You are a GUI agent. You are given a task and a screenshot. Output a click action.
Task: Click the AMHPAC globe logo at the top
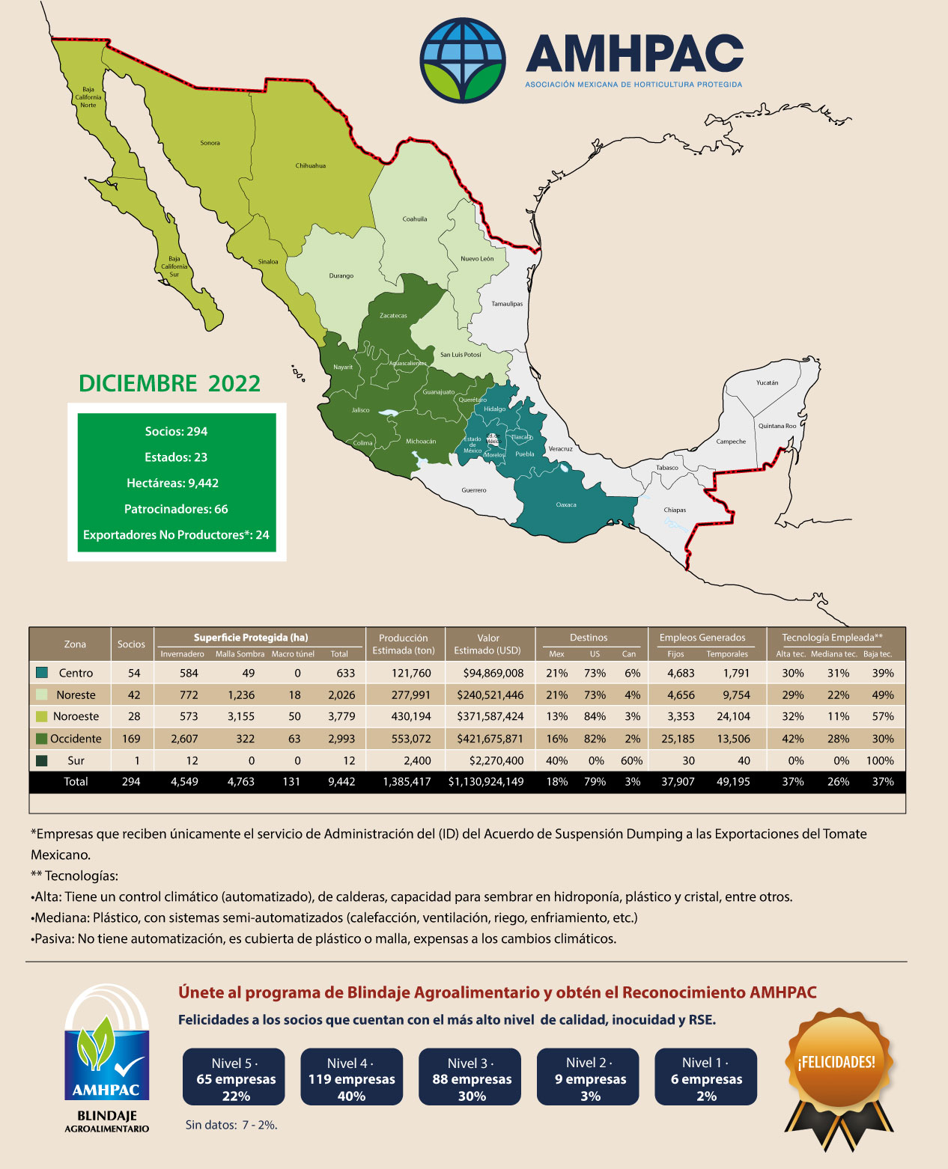[463, 60]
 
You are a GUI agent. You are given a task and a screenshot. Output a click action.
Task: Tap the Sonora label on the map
[210, 143]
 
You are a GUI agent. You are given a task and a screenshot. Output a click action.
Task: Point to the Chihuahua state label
[310, 165]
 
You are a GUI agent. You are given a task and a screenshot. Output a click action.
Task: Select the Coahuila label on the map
[414, 219]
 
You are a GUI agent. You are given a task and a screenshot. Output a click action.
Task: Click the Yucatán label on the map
[767, 382]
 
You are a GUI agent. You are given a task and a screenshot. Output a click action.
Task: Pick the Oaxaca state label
[566, 504]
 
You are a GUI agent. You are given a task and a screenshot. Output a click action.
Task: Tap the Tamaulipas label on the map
[507, 304]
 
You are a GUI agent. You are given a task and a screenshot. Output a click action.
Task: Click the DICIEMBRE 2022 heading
[170, 383]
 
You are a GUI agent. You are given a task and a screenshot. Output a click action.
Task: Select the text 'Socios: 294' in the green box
[176, 431]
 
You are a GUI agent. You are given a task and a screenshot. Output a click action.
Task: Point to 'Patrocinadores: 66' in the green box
[176, 509]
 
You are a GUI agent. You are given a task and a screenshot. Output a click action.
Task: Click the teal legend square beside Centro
[42, 673]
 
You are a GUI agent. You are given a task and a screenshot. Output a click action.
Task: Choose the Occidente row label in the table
[76, 739]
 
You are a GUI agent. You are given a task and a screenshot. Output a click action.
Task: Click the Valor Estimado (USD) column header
[487, 644]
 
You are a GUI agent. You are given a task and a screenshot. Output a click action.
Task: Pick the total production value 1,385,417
[407, 781]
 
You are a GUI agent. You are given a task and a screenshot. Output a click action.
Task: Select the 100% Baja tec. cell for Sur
[880, 760]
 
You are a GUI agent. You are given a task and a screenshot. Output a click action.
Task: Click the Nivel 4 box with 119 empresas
[351, 1079]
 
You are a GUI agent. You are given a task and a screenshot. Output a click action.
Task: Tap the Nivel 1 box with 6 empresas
[706, 1079]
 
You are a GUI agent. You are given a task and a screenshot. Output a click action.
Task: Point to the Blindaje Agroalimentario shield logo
[106, 1055]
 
